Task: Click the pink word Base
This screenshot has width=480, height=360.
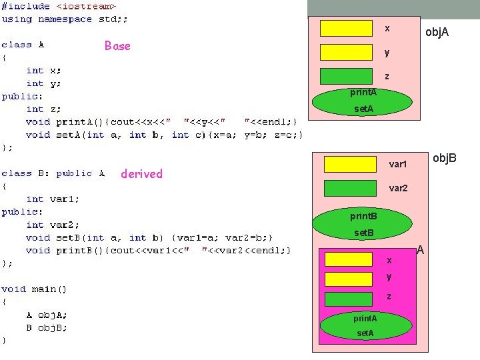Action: coord(117,46)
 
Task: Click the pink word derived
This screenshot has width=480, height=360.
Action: coord(141,174)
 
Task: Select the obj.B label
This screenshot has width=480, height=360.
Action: coord(445,158)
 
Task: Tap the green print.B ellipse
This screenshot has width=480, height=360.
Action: coord(363,217)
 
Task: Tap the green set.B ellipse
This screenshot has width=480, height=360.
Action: coord(363,233)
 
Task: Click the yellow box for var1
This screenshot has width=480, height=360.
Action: coord(349,164)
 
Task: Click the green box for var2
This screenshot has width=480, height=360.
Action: coord(349,188)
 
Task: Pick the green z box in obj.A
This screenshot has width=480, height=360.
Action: coord(346,76)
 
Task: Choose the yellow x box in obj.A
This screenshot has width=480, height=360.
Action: coord(346,28)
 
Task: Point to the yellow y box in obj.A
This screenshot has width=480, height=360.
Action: coord(346,52)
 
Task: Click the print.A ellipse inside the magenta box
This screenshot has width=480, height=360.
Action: coord(365,319)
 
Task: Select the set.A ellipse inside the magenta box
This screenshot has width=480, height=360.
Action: coord(365,333)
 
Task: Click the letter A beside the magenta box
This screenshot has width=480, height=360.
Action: coord(421,251)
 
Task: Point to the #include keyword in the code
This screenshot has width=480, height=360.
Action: coord(25,6)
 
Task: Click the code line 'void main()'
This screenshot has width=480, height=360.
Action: coord(34,289)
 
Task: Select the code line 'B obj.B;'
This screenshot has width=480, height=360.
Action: coord(47,328)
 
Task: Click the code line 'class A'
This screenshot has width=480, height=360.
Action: coord(23,45)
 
